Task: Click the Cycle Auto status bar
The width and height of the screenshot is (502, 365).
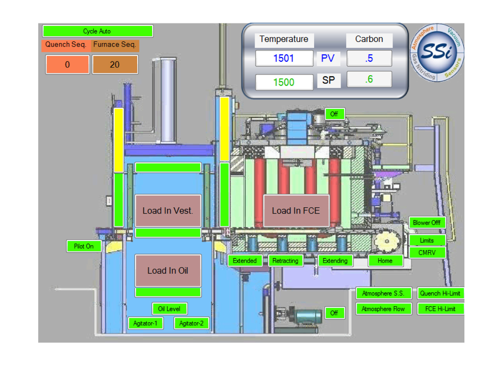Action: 97,31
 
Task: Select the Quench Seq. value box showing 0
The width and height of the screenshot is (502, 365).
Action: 67,65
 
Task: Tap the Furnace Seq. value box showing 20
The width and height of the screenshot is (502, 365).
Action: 115,65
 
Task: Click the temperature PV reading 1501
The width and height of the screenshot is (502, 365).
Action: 284,58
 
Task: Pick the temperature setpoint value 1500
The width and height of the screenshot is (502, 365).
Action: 284,82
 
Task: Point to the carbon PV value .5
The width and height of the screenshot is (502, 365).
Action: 369,58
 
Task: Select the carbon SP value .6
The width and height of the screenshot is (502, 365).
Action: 369,79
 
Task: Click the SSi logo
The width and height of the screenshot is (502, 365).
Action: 437,52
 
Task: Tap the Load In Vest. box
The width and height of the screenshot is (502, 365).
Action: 168,211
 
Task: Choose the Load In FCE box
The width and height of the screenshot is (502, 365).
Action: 296,211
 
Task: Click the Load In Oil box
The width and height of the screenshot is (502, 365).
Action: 168,270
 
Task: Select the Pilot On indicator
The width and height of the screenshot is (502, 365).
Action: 84,246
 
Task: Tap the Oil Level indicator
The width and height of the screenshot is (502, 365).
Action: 169,309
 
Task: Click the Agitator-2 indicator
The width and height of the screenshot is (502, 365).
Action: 192,323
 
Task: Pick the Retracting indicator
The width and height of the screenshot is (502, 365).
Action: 285,261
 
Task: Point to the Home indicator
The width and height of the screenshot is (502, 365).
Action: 385,261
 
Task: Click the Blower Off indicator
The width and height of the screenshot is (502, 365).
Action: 427,223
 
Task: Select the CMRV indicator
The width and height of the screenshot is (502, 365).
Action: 427,253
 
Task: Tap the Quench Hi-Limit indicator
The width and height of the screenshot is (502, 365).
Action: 440,293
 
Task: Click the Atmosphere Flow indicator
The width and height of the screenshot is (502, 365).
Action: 383,309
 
